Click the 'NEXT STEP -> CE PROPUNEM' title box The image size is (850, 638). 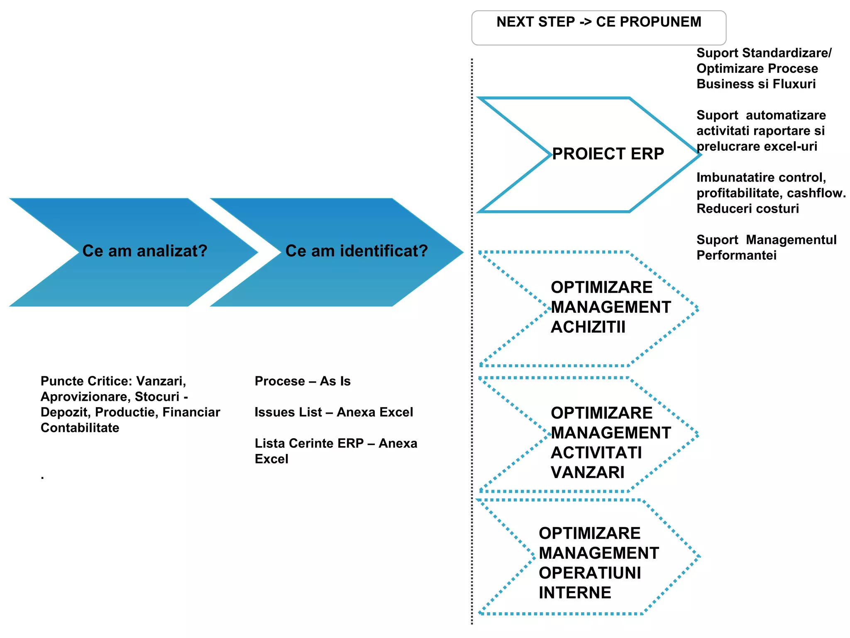coord(598,27)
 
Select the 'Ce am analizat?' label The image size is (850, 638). coord(145,251)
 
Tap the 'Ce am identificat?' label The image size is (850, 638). coord(357,251)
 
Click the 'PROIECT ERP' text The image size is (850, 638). coord(608,154)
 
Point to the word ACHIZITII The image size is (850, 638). coord(588,327)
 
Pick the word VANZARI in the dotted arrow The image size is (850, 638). coord(587,473)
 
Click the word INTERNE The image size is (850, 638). coord(575,593)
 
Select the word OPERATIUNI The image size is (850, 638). coord(590,573)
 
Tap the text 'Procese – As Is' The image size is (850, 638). coord(303,381)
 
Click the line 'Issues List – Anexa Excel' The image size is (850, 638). coord(334,412)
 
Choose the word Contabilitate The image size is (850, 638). coord(80,428)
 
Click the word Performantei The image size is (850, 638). coord(736,255)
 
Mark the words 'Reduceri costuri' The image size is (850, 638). coord(747,209)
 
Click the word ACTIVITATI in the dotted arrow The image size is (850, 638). coord(596,453)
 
